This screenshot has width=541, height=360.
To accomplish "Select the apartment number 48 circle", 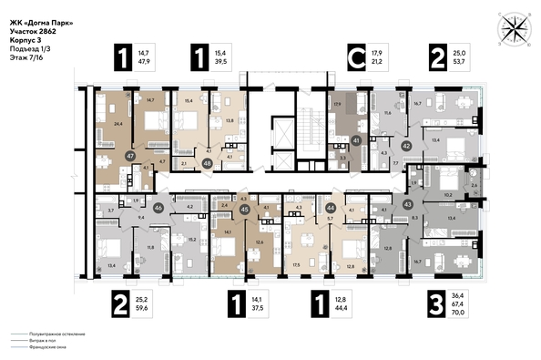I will pos(209,164).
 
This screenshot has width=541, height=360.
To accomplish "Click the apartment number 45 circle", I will pos(244,209).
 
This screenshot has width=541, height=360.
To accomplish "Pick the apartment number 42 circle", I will pos(407,146).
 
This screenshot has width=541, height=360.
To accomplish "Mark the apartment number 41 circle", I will pos(357,139).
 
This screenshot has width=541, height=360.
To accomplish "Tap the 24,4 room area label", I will pos(117,120).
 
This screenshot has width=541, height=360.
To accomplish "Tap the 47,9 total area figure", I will pos(143,64).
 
